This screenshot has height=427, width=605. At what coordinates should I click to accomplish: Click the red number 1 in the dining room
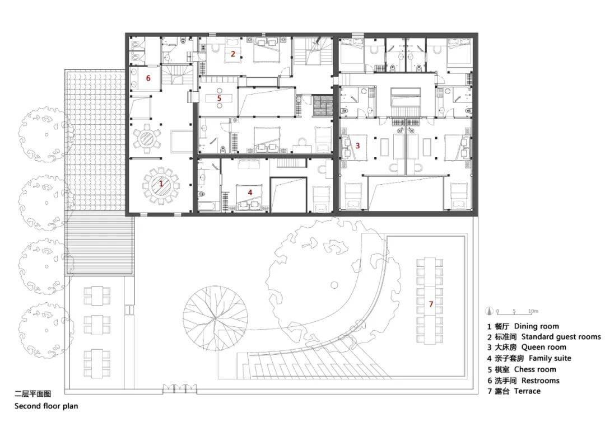(161, 184)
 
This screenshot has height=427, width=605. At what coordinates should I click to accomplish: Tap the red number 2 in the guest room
(232, 54)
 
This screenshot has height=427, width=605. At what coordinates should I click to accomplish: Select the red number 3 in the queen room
(357, 145)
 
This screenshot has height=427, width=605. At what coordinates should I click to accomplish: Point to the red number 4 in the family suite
(250, 192)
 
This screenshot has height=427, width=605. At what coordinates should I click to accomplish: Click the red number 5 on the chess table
(219, 98)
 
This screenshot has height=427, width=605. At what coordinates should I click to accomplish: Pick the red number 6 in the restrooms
(148, 78)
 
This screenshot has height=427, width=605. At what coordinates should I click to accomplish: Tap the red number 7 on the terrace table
(430, 304)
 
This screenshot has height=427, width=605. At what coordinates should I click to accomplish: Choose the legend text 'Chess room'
(535, 369)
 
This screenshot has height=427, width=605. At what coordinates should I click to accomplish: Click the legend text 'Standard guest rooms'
(561, 337)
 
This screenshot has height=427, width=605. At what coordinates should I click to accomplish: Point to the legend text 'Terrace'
(527, 391)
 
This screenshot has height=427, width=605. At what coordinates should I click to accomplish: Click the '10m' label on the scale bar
(533, 311)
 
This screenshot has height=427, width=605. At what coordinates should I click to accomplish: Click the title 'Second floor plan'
(46, 406)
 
